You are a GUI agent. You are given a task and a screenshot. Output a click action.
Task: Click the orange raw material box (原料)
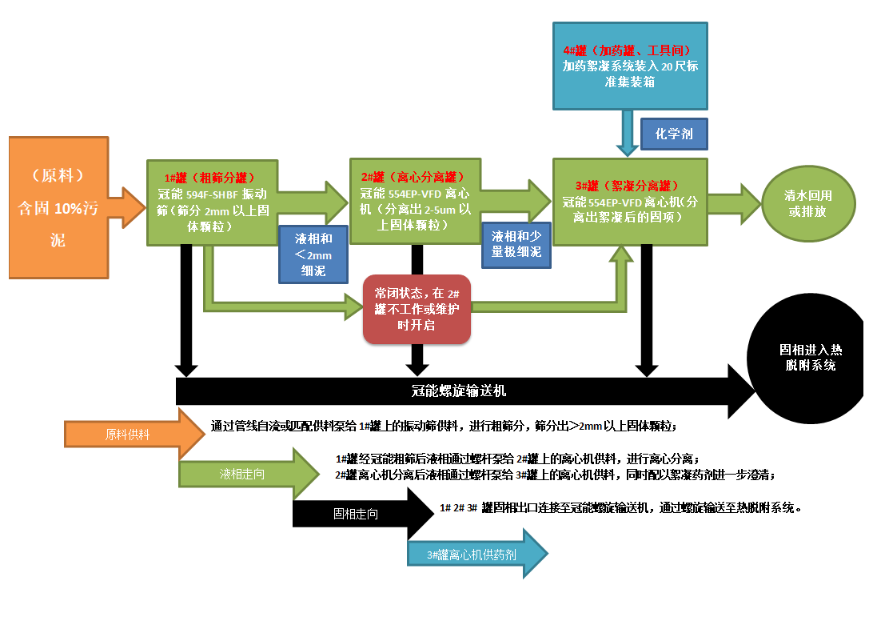tap(58, 207)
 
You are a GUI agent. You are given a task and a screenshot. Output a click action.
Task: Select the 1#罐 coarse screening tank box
tap(211, 202)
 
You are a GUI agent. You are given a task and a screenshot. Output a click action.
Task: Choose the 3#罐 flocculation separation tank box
tap(630, 201)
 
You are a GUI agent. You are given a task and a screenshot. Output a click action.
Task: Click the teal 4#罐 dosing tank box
tap(630, 66)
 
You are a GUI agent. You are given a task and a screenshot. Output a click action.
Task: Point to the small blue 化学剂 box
tap(673, 134)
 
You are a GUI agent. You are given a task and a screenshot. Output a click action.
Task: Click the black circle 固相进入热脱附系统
tap(806, 359)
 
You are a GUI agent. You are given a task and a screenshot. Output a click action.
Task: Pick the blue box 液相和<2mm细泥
tap(313, 254)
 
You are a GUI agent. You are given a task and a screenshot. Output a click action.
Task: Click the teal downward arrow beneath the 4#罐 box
tap(627, 132)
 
